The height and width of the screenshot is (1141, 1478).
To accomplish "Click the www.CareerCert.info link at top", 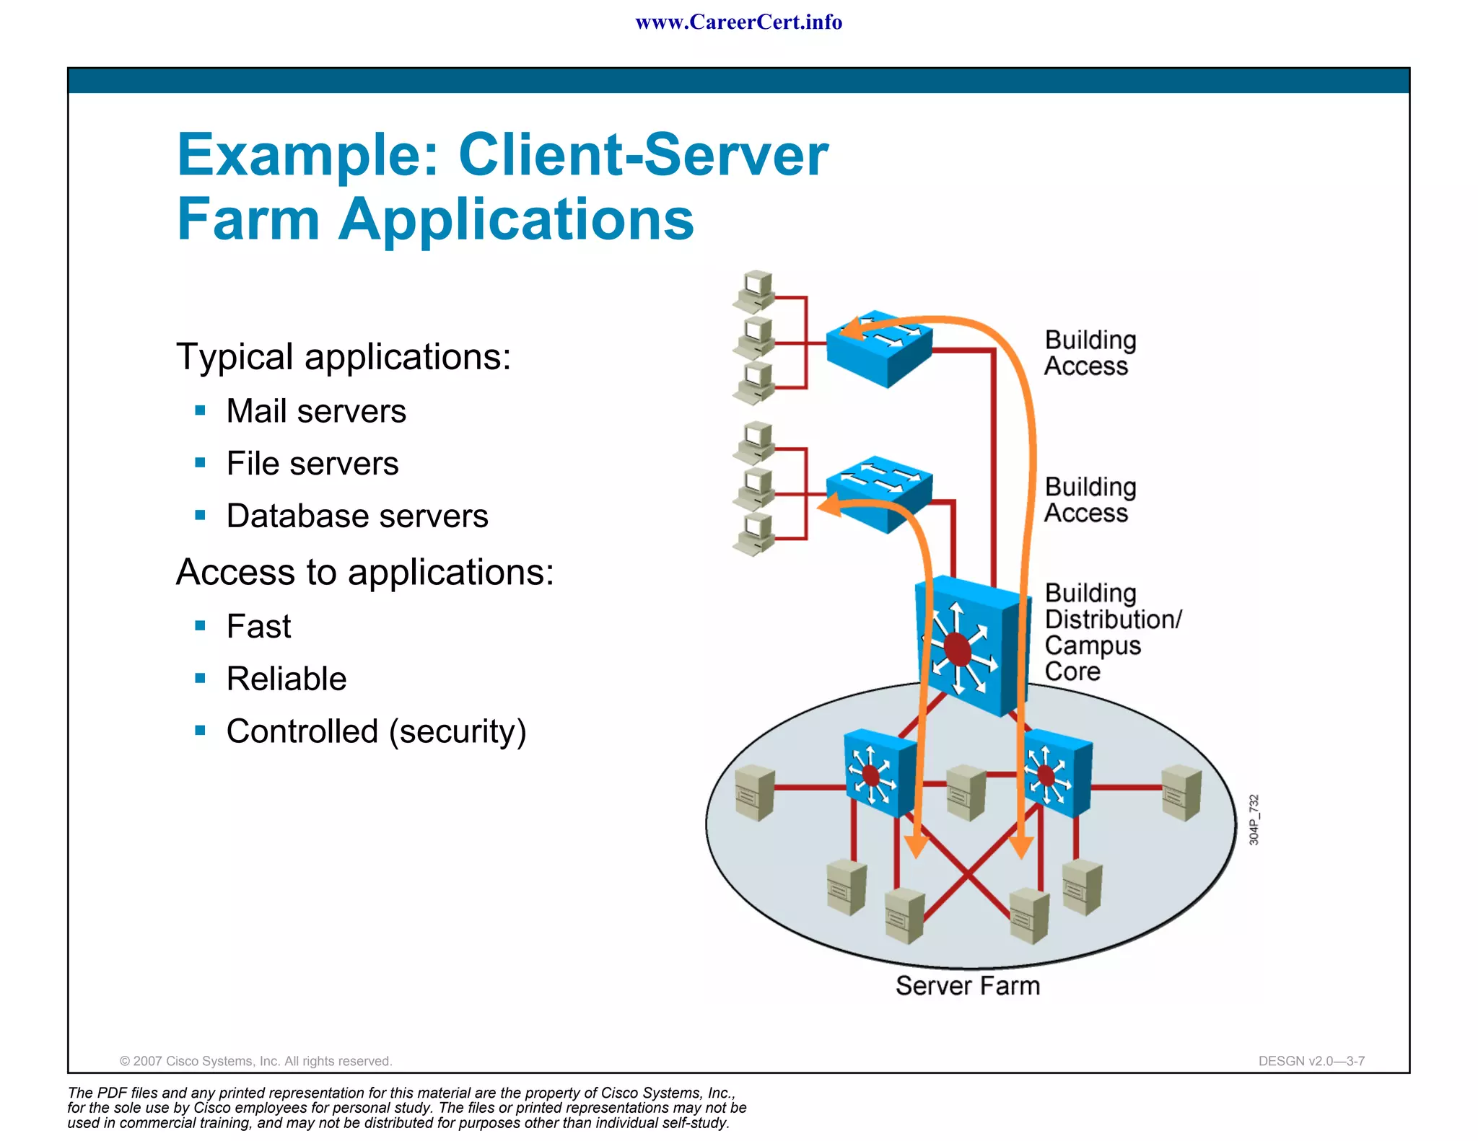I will pyautogui.click(x=738, y=22).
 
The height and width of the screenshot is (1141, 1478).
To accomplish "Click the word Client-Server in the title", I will pyautogui.click(x=643, y=155).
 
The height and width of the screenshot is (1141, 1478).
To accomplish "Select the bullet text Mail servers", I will pyautogui.click(x=315, y=411).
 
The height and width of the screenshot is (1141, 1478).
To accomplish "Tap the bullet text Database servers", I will pyautogui.click(x=357, y=516).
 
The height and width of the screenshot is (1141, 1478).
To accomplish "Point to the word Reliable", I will pyautogui.click(x=286, y=679).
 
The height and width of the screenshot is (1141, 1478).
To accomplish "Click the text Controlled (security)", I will pyautogui.click(x=376, y=732).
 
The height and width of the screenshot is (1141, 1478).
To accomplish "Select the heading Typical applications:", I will pyautogui.click(x=344, y=357).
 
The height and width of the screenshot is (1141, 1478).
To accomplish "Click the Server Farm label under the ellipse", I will pyautogui.click(x=967, y=986).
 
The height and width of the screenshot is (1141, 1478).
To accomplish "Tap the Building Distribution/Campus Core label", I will pyautogui.click(x=1111, y=633).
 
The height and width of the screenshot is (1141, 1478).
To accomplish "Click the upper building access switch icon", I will pyautogui.click(x=880, y=348).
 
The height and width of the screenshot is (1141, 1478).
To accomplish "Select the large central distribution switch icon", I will pyautogui.click(x=968, y=646).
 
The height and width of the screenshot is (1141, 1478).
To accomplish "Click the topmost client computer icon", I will pyautogui.click(x=756, y=290).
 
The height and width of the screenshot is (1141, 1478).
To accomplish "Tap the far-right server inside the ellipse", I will pyautogui.click(x=1181, y=793).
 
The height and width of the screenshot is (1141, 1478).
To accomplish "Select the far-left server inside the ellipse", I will pyautogui.click(x=755, y=793).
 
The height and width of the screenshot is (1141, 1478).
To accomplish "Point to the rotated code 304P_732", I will pyautogui.click(x=1254, y=820).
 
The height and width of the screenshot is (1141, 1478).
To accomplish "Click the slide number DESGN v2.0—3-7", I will pyautogui.click(x=1311, y=1061).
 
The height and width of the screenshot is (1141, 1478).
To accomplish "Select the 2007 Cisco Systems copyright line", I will pyautogui.click(x=255, y=1061).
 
